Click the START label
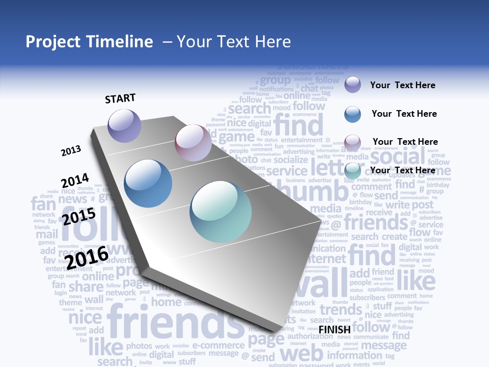click(120, 98)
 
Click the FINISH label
click(335, 329)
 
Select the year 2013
click(71, 150)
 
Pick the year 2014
click(75, 180)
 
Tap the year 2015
click(79, 217)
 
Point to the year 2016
click(87, 257)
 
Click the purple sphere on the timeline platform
click(125, 125)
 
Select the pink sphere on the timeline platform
click(193, 143)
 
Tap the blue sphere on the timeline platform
click(148, 183)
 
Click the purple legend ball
click(352, 85)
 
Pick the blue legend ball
click(352, 114)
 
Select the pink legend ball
click(352, 142)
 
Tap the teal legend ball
click(352, 171)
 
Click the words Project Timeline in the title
click(89, 42)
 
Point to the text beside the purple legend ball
click(402, 85)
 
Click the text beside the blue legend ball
click(404, 114)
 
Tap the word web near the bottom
click(302, 353)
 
